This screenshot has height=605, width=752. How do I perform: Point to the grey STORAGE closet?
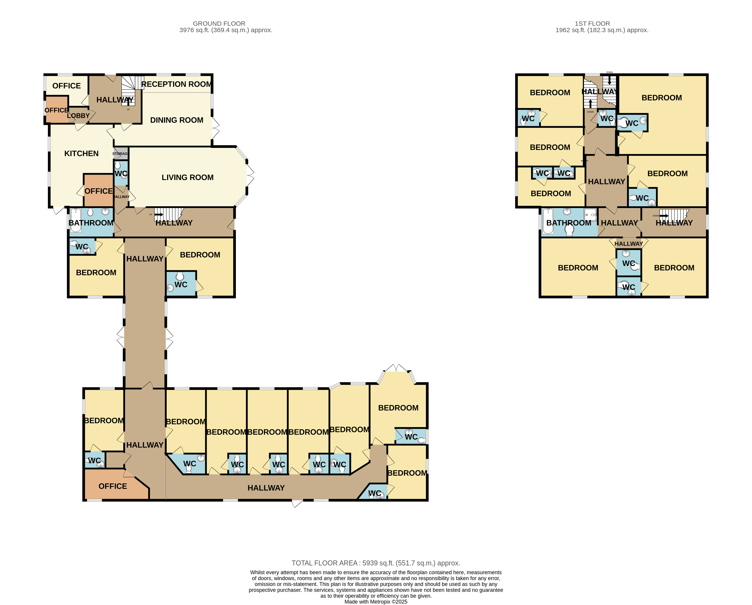tap(121, 153)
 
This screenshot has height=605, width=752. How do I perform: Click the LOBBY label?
tap(78, 116)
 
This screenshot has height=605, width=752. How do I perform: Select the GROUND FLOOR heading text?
tap(219, 23)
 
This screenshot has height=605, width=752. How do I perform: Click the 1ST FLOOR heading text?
tap(592, 23)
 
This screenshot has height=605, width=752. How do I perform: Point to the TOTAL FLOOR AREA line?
tap(376, 563)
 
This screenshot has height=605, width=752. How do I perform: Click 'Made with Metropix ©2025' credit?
tap(376, 602)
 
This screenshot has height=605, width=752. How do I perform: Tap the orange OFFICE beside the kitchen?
tap(98, 191)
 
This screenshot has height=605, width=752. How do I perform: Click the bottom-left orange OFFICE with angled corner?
tap(112, 486)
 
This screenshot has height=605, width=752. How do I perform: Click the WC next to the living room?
tap(121, 173)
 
